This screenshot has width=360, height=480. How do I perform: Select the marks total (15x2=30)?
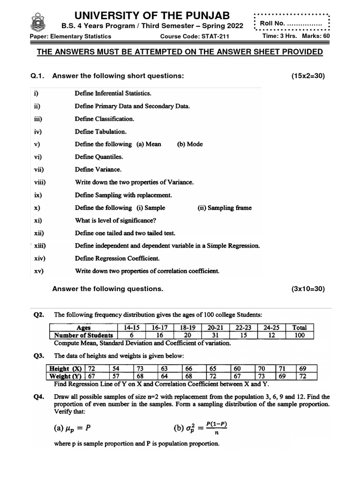pos(307,76)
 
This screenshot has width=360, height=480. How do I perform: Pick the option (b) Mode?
pos(190,144)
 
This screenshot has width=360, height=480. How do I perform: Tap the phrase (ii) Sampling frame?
pos(225,208)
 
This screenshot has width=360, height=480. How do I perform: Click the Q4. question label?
pos(39,397)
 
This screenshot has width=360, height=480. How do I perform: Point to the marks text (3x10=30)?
pos(307,289)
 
